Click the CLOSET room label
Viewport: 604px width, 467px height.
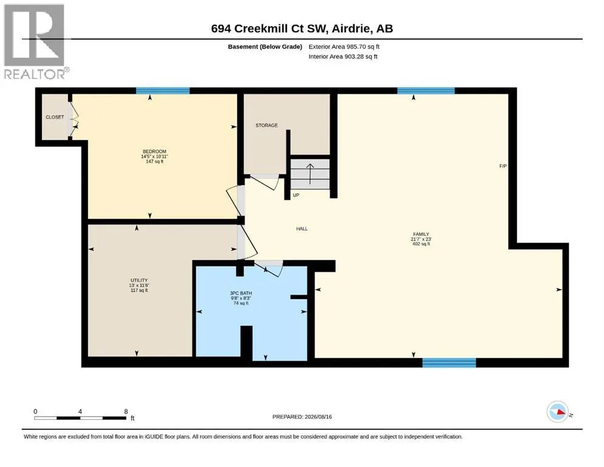point(55,117)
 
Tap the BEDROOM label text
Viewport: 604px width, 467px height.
point(154,151)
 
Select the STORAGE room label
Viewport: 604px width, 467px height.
point(266,125)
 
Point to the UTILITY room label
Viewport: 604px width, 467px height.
point(139,280)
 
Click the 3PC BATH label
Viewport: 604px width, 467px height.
point(241,293)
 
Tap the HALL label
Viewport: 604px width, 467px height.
point(302,229)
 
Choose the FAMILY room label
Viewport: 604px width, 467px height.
point(421,234)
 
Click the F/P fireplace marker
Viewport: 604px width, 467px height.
point(502,166)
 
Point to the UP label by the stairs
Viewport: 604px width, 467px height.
point(296,195)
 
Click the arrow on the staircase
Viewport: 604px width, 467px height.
point(310,174)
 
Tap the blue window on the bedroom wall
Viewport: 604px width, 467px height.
point(162,91)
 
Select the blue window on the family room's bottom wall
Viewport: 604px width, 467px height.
point(449,362)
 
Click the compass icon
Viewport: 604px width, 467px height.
point(557,412)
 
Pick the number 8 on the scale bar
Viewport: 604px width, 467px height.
point(126,412)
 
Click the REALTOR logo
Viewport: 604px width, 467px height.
point(36,41)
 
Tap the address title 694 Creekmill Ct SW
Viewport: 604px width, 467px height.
point(269,29)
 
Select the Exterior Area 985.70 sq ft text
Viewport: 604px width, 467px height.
point(344,47)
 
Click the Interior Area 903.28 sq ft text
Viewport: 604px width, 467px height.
point(343,57)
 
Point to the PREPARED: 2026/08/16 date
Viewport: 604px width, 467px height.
point(302,417)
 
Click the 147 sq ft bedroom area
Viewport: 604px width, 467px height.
point(154,162)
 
